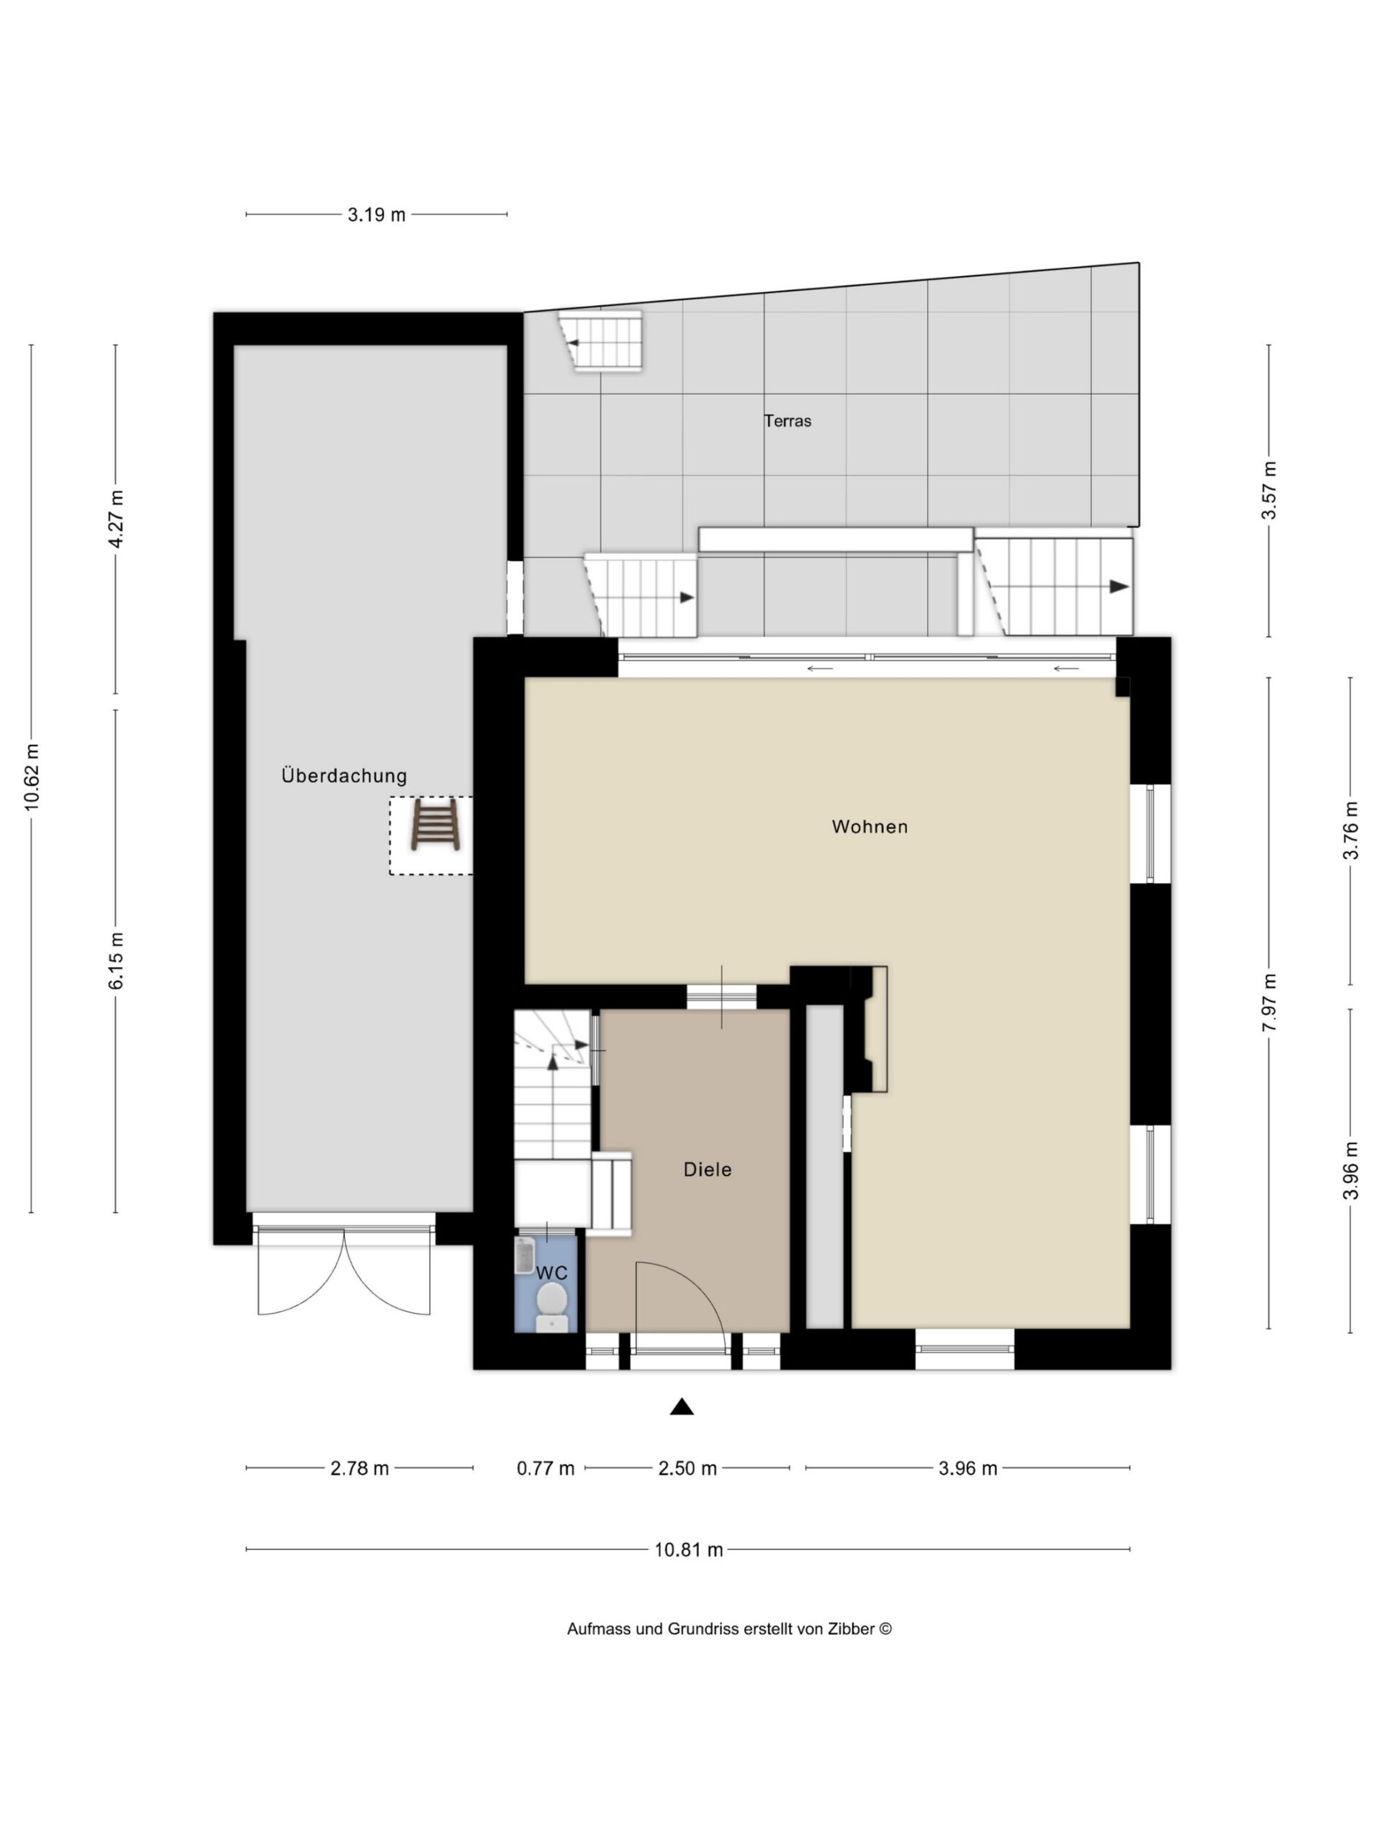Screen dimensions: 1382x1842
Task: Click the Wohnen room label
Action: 870,827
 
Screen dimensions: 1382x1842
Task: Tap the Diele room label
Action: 708,1170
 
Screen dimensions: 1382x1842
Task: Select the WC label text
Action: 551,1274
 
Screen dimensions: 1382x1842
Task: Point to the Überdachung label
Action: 344,776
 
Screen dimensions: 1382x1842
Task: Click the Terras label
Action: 787,422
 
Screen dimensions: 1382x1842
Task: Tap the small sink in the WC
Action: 524,1255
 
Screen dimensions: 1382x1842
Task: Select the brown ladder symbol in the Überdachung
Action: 435,825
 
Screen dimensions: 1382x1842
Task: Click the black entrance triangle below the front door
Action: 682,1407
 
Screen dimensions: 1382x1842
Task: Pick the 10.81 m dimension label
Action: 688,1550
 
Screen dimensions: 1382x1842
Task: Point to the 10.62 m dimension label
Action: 32,777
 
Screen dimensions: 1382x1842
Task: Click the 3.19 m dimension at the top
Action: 376,215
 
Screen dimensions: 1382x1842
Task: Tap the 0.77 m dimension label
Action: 546,1468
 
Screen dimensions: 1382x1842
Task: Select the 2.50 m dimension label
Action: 687,1468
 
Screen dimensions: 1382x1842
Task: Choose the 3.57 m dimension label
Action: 1269,491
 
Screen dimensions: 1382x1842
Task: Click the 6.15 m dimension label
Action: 116,961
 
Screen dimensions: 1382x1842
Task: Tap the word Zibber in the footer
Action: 851,1629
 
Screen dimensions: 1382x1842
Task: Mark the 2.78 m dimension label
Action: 360,1468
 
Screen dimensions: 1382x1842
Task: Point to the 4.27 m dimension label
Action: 116,519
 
